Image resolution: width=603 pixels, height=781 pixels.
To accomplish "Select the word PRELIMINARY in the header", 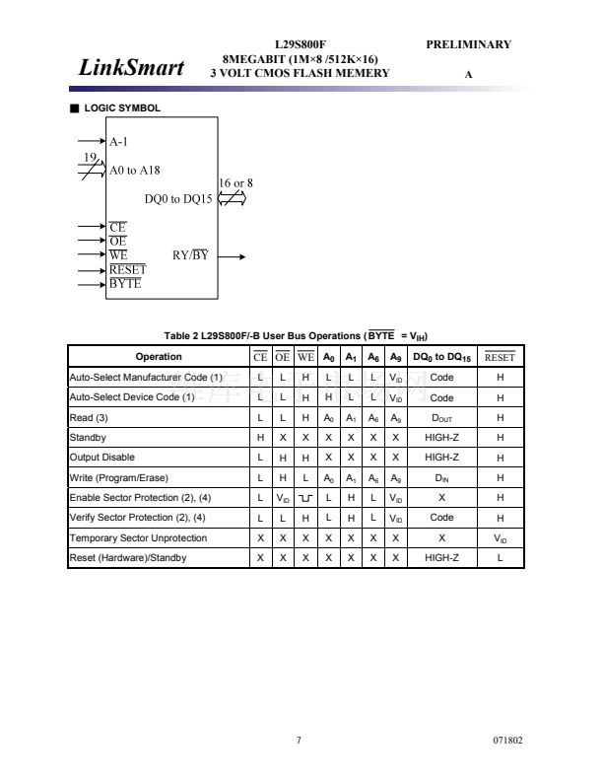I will [x=468, y=44].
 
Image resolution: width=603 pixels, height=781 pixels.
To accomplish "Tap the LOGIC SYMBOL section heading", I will [x=121, y=107].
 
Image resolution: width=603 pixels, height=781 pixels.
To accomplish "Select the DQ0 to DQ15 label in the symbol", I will [x=178, y=199].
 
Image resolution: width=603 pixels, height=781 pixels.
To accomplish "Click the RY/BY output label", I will [x=190, y=255].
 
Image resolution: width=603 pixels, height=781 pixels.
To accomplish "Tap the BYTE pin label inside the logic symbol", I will [x=125, y=284].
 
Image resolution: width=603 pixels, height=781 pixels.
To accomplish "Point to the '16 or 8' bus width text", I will [x=235, y=182].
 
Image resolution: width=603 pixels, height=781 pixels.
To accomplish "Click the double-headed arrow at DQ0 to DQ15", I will [x=231, y=198].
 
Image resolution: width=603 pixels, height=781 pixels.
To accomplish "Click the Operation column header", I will [x=158, y=357].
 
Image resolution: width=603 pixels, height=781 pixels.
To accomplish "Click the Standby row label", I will [x=88, y=437].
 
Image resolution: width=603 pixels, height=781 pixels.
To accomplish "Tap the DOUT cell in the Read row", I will [x=441, y=417].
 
